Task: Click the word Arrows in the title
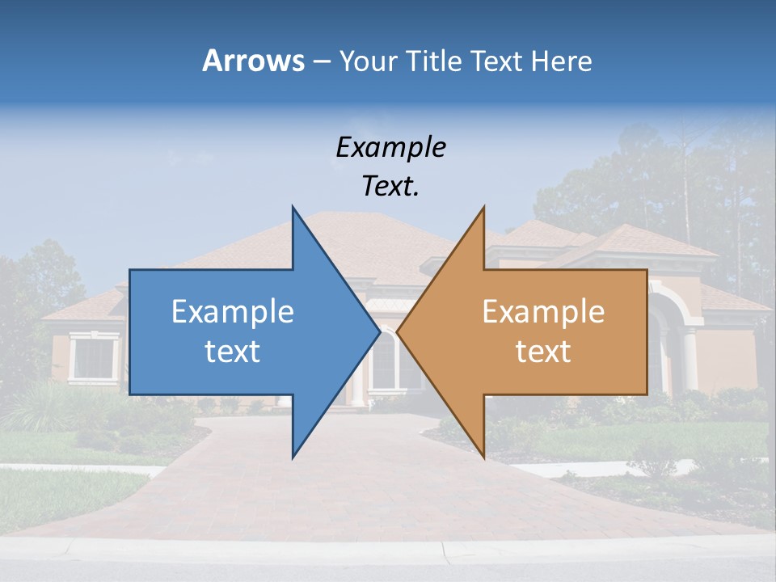pyautogui.click(x=253, y=61)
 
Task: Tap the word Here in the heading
pyautogui.click(x=562, y=61)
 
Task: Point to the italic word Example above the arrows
pyautogui.click(x=390, y=147)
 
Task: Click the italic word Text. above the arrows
pyautogui.click(x=390, y=187)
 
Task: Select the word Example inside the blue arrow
pyautogui.click(x=233, y=312)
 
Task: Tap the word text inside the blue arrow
pyautogui.click(x=233, y=352)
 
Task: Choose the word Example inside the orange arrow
pyautogui.click(x=543, y=312)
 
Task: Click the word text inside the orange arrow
pyautogui.click(x=543, y=352)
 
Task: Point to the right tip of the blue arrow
pyautogui.click(x=380, y=331)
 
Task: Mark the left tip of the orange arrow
pyautogui.click(x=398, y=331)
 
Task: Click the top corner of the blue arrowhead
pyautogui.click(x=293, y=207)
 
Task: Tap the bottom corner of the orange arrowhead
pyautogui.click(x=484, y=458)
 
